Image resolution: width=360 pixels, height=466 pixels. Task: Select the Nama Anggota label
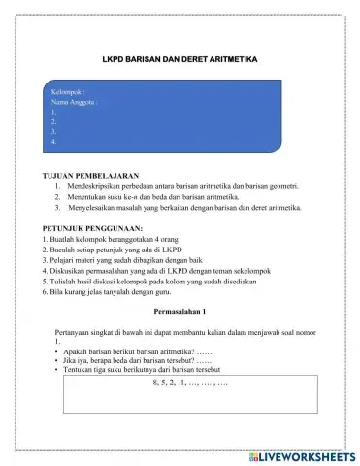(x=76, y=102)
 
